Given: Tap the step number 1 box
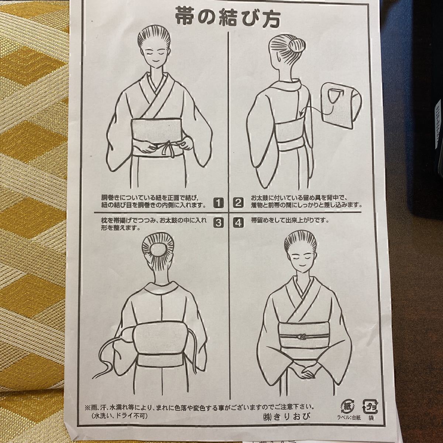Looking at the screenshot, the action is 219,203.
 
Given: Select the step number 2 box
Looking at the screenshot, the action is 238,203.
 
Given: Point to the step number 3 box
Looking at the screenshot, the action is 219,223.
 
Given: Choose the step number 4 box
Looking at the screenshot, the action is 238,223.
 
